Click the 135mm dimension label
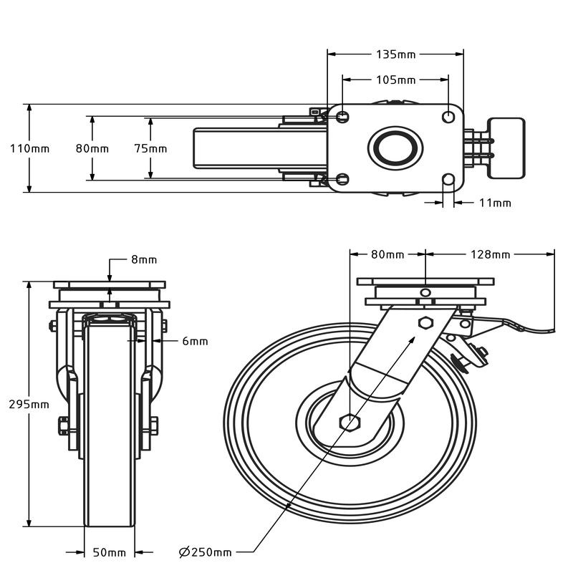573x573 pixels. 395,54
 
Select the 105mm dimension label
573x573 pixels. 395,80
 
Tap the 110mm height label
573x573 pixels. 29,149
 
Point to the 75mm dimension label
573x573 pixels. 151,149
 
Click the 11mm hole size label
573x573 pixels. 494,203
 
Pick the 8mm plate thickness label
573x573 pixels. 143,260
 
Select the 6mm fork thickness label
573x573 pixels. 195,342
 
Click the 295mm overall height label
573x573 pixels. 29,404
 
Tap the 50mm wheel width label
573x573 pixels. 109,552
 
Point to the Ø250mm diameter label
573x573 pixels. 206,552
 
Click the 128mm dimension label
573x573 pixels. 491,254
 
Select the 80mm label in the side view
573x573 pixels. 387,254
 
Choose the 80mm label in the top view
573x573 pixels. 92,149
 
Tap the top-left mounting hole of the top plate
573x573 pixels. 343,116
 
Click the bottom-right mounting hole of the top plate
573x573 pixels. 448,179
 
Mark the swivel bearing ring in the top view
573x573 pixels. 395,148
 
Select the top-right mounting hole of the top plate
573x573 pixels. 448,116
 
